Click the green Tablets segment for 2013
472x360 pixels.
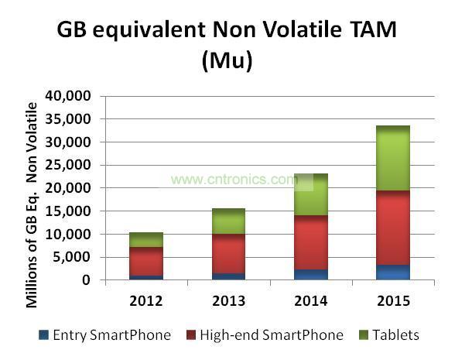tap(228, 221)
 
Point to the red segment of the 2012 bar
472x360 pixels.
tap(145, 262)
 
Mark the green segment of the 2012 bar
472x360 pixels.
tap(145, 240)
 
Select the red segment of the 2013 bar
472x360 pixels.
tap(228, 254)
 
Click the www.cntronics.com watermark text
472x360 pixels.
tap(234, 180)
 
